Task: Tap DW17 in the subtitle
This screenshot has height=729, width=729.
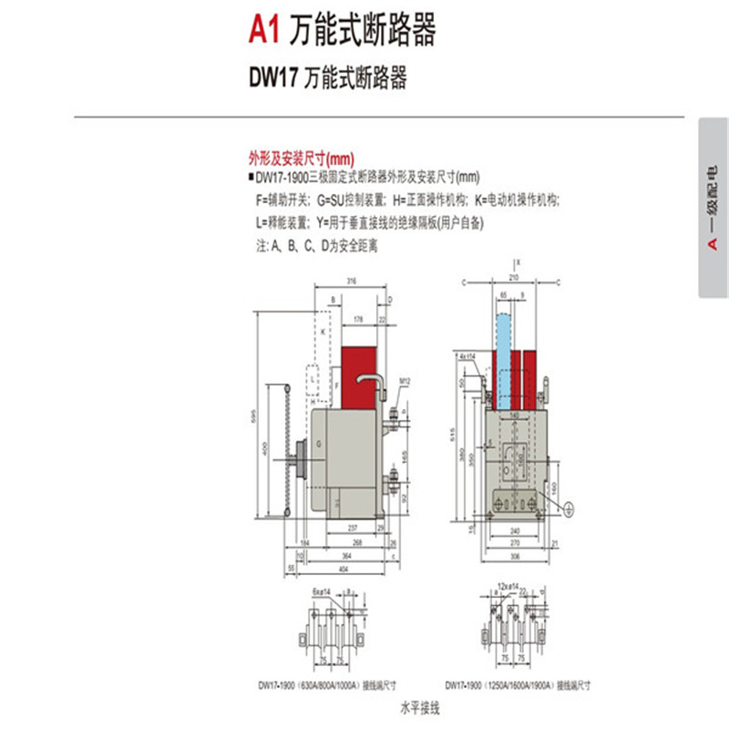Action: click(272, 77)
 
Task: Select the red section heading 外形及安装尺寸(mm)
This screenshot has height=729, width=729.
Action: click(288, 158)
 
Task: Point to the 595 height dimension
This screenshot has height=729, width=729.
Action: click(258, 416)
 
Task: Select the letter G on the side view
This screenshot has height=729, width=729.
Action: click(319, 444)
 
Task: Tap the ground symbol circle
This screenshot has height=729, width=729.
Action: click(570, 509)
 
